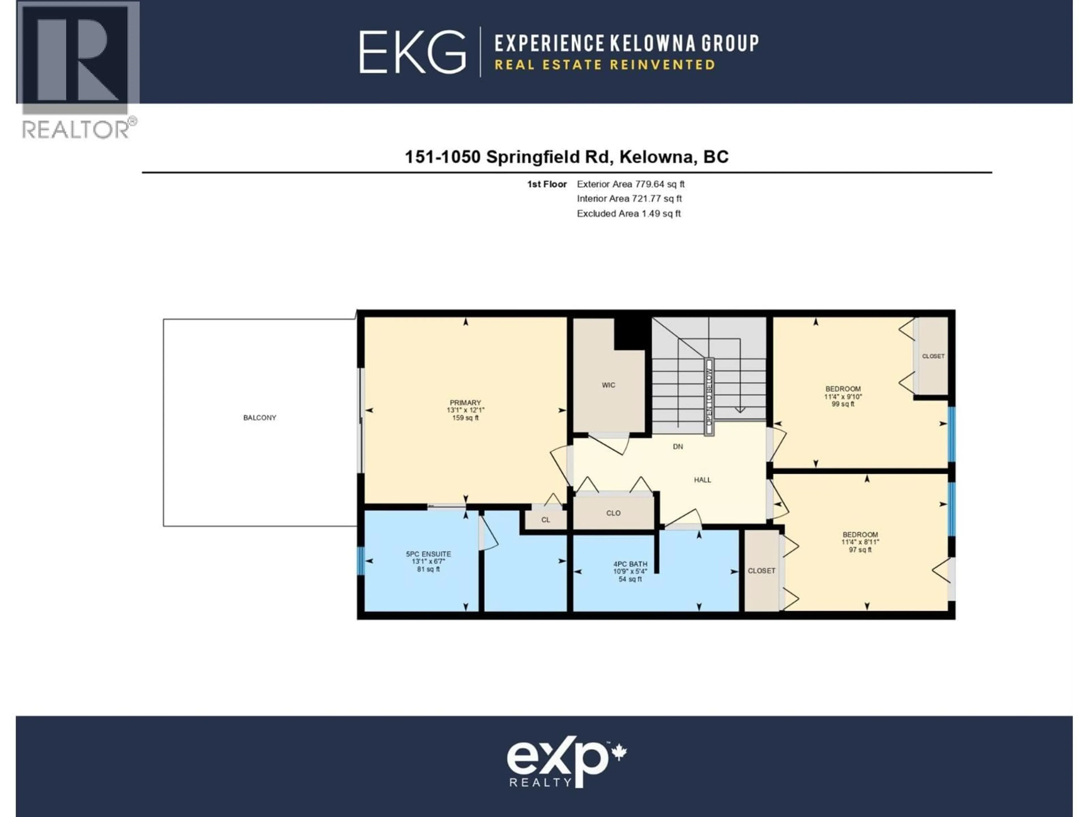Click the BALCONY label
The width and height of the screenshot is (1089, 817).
(259, 418)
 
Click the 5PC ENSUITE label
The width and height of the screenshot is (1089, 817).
(428, 554)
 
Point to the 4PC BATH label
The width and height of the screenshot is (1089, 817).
(630, 564)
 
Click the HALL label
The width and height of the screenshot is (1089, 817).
(702, 480)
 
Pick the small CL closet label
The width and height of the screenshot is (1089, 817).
(545, 519)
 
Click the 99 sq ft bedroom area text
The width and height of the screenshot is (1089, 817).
(843, 404)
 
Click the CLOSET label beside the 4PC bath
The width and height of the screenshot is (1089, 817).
(761, 571)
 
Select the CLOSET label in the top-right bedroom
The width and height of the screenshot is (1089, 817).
(933, 356)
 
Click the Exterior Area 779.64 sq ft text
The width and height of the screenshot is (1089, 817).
(630, 184)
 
